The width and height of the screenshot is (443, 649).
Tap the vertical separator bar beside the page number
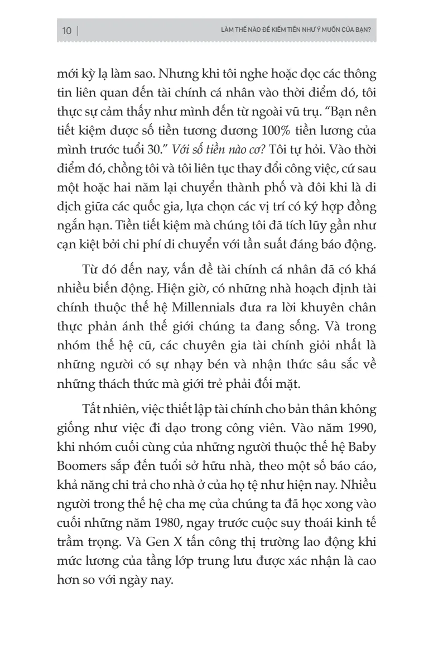pyautogui.click(x=78, y=31)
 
